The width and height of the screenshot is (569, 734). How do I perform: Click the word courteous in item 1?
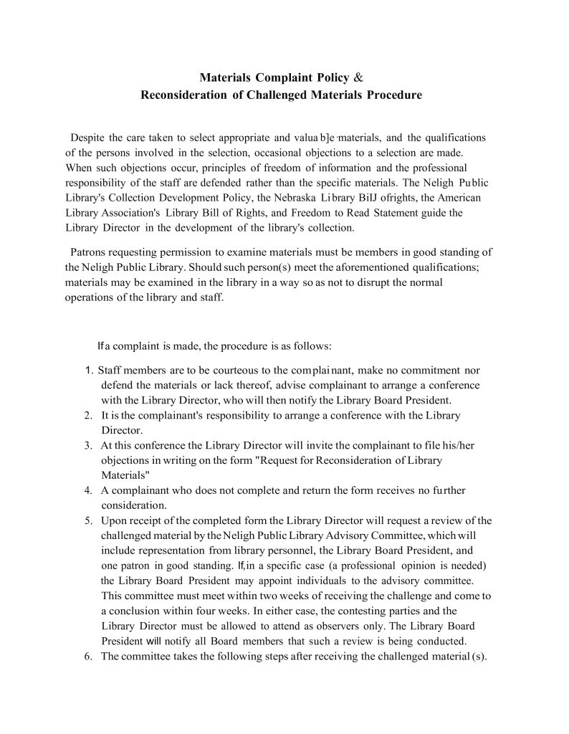pos(198,371)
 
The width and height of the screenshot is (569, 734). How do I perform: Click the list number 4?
pos(87,490)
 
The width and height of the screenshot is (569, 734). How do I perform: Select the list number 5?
pos(87,520)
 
